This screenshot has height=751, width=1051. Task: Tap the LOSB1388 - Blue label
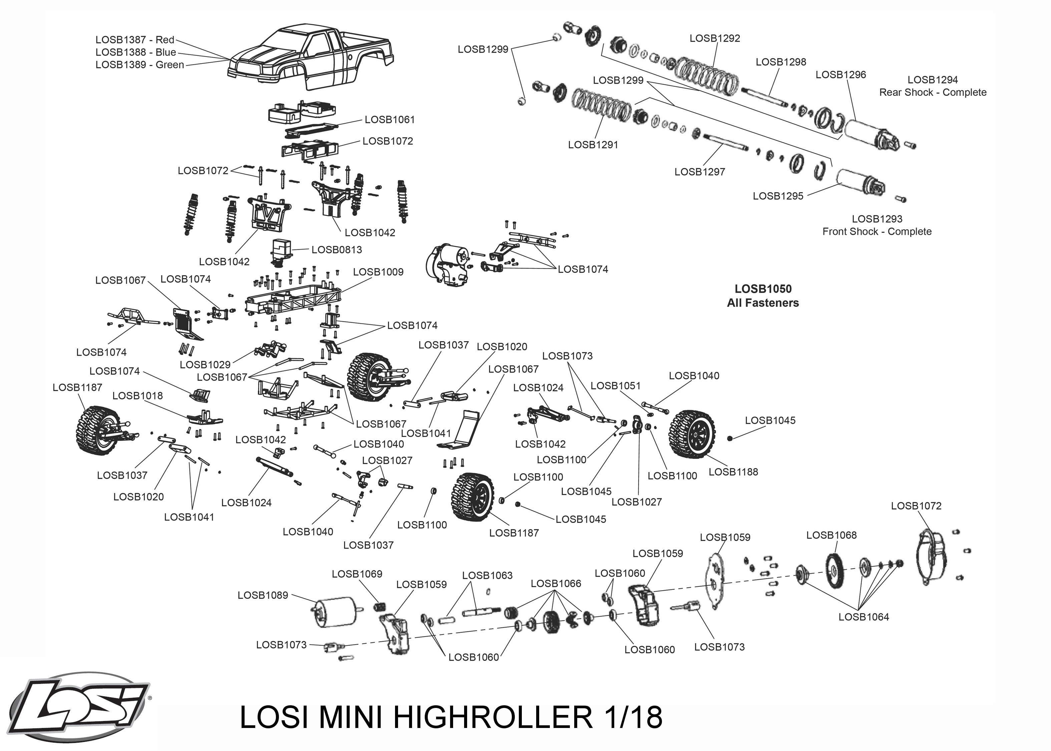135,52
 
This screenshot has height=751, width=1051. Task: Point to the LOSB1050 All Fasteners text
763,296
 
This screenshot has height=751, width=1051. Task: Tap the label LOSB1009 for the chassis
378,272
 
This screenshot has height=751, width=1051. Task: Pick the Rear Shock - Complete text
932,92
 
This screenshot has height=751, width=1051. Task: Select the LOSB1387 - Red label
134,40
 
